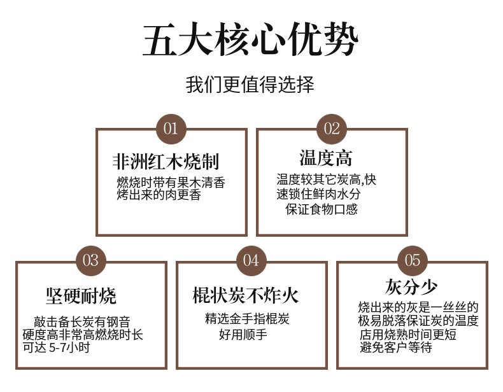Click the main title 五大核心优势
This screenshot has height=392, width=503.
[x=250, y=41]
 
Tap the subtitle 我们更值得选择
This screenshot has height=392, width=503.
[x=250, y=85]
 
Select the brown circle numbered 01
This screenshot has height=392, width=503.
[x=171, y=129]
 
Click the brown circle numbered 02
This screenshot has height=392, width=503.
[x=332, y=129]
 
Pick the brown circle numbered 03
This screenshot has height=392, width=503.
[x=90, y=260]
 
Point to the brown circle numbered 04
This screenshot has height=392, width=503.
[x=251, y=260]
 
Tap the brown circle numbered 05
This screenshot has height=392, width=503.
[x=412, y=260]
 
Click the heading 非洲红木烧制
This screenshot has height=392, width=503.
[x=171, y=161]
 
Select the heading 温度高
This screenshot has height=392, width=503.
[x=325, y=158]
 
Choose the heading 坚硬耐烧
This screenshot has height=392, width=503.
[x=81, y=296]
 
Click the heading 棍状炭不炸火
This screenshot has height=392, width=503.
[x=246, y=296]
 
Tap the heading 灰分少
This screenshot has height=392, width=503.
[x=411, y=286]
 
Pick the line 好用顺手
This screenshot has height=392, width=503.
[x=245, y=334]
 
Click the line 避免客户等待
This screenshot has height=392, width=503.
[x=395, y=347]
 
